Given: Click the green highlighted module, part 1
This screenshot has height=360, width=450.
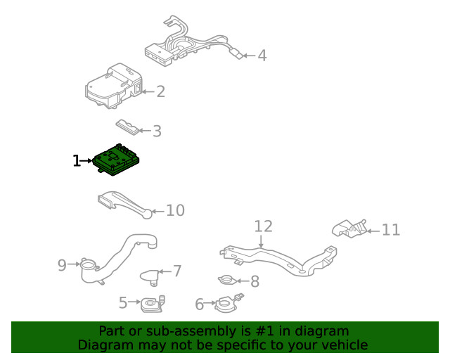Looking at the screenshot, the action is tap(116, 160).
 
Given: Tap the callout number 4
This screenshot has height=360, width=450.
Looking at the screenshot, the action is tap(262, 56).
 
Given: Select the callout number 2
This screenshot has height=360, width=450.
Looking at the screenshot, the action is tap(161, 91).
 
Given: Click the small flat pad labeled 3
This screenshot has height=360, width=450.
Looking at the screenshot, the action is tap(128, 127).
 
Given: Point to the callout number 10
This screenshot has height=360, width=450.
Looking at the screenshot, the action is tap(175, 210).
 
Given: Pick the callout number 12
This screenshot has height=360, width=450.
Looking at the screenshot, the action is tap(264, 226).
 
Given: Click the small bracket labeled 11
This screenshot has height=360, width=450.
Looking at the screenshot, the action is tap(349, 229).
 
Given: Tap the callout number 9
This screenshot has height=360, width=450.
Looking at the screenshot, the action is tap(62, 265).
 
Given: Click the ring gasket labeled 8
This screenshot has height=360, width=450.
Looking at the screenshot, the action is tap(228, 280).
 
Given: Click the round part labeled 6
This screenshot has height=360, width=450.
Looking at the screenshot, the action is tap(229, 303).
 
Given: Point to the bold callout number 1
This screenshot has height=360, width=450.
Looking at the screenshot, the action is tap(77, 161).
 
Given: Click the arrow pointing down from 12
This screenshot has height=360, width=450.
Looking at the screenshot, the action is tap(261, 241).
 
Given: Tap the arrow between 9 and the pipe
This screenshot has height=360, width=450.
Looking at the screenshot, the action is tap(74, 264).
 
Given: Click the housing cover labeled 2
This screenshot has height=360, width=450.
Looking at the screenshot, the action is tap(114, 86).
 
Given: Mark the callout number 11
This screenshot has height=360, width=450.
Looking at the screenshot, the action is tap(391, 230).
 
